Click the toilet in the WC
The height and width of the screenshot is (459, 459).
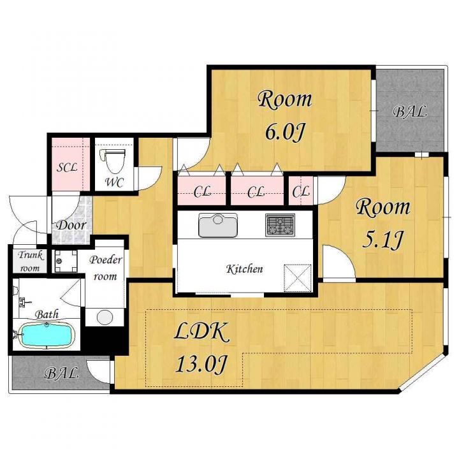click(x=113, y=161)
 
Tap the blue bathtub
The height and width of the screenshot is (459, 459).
click(x=46, y=335)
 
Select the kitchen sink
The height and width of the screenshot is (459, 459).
click(x=218, y=225)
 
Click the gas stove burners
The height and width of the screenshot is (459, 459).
click(x=280, y=225)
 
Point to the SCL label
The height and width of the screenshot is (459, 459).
click(x=67, y=168)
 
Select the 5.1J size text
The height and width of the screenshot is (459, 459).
click(x=383, y=240)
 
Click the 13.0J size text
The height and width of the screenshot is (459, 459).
click(x=201, y=365)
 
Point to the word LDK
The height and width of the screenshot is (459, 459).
click(x=201, y=332)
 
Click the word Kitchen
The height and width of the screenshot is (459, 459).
click(x=245, y=269)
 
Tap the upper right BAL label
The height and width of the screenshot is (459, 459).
click(x=409, y=112)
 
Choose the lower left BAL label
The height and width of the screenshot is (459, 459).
click(x=61, y=373)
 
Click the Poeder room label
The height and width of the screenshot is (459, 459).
click(x=105, y=268)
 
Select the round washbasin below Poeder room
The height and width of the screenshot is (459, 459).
click(x=105, y=317)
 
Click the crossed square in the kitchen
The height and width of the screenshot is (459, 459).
click(x=298, y=278)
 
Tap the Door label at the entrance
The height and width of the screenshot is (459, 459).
click(x=71, y=225)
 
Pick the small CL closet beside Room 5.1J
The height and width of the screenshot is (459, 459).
click(x=301, y=191)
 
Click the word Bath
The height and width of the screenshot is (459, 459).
click(x=47, y=314)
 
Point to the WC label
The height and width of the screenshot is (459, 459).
click(x=114, y=182)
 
